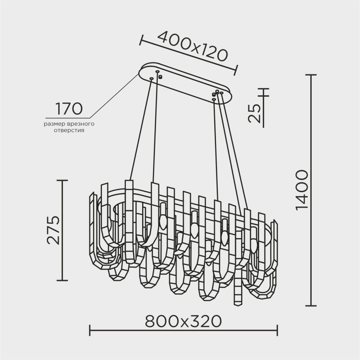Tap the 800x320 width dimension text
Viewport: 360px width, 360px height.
tap(184, 321)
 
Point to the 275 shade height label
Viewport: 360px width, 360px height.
tap(54, 230)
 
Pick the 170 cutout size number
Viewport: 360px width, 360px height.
tap(69, 109)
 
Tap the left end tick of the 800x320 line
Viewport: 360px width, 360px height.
tap(90, 331)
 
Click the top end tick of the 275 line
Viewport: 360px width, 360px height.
tap(62, 180)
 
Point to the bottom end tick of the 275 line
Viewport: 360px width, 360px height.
tap(62, 279)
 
